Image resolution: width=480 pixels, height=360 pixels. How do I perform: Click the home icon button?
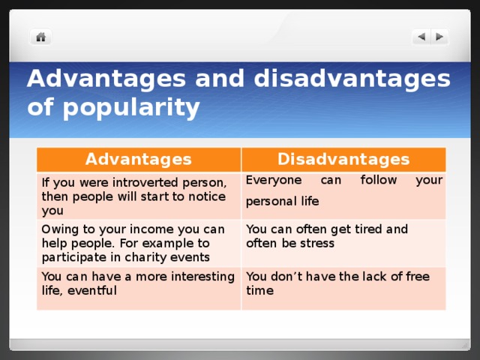tap(40, 37)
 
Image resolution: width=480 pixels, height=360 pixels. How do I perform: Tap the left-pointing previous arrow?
tap(421, 37)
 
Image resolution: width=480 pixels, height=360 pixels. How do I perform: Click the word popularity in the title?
tap(131, 108)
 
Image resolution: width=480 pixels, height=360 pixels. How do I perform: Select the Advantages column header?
tap(139, 159)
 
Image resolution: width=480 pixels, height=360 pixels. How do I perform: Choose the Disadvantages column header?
tap(343, 159)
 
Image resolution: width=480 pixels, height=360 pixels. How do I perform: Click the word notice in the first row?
tap(207, 196)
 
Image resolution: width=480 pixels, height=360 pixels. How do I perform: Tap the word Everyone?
tap(274, 180)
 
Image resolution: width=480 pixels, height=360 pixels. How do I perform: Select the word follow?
tap(378, 180)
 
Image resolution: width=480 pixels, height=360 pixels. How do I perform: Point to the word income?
tap(152, 229)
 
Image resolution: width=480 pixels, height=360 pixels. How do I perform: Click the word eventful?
tap(92, 290)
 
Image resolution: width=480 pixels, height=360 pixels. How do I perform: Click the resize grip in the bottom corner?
tap(465, 345)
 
